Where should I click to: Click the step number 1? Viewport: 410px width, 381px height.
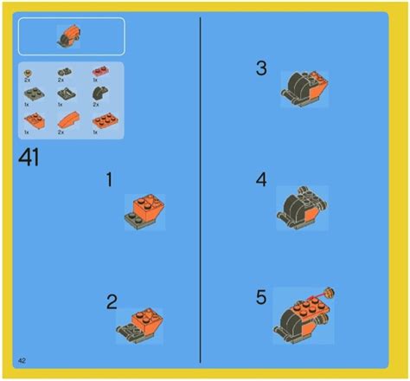click(109, 179)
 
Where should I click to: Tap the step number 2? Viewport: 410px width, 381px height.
click(112, 302)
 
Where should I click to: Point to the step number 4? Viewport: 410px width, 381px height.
click(261, 180)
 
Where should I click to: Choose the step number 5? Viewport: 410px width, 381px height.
click(261, 297)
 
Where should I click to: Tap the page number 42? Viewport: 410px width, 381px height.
click(21, 358)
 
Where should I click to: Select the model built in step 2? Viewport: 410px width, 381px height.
click(139, 325)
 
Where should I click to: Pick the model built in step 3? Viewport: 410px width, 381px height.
click(304, 88)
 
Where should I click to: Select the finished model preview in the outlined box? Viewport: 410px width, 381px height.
click(68, 36)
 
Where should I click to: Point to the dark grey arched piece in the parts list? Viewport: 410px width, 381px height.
click(97, 94)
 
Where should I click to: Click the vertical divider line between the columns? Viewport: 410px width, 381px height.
click(201, 190)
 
